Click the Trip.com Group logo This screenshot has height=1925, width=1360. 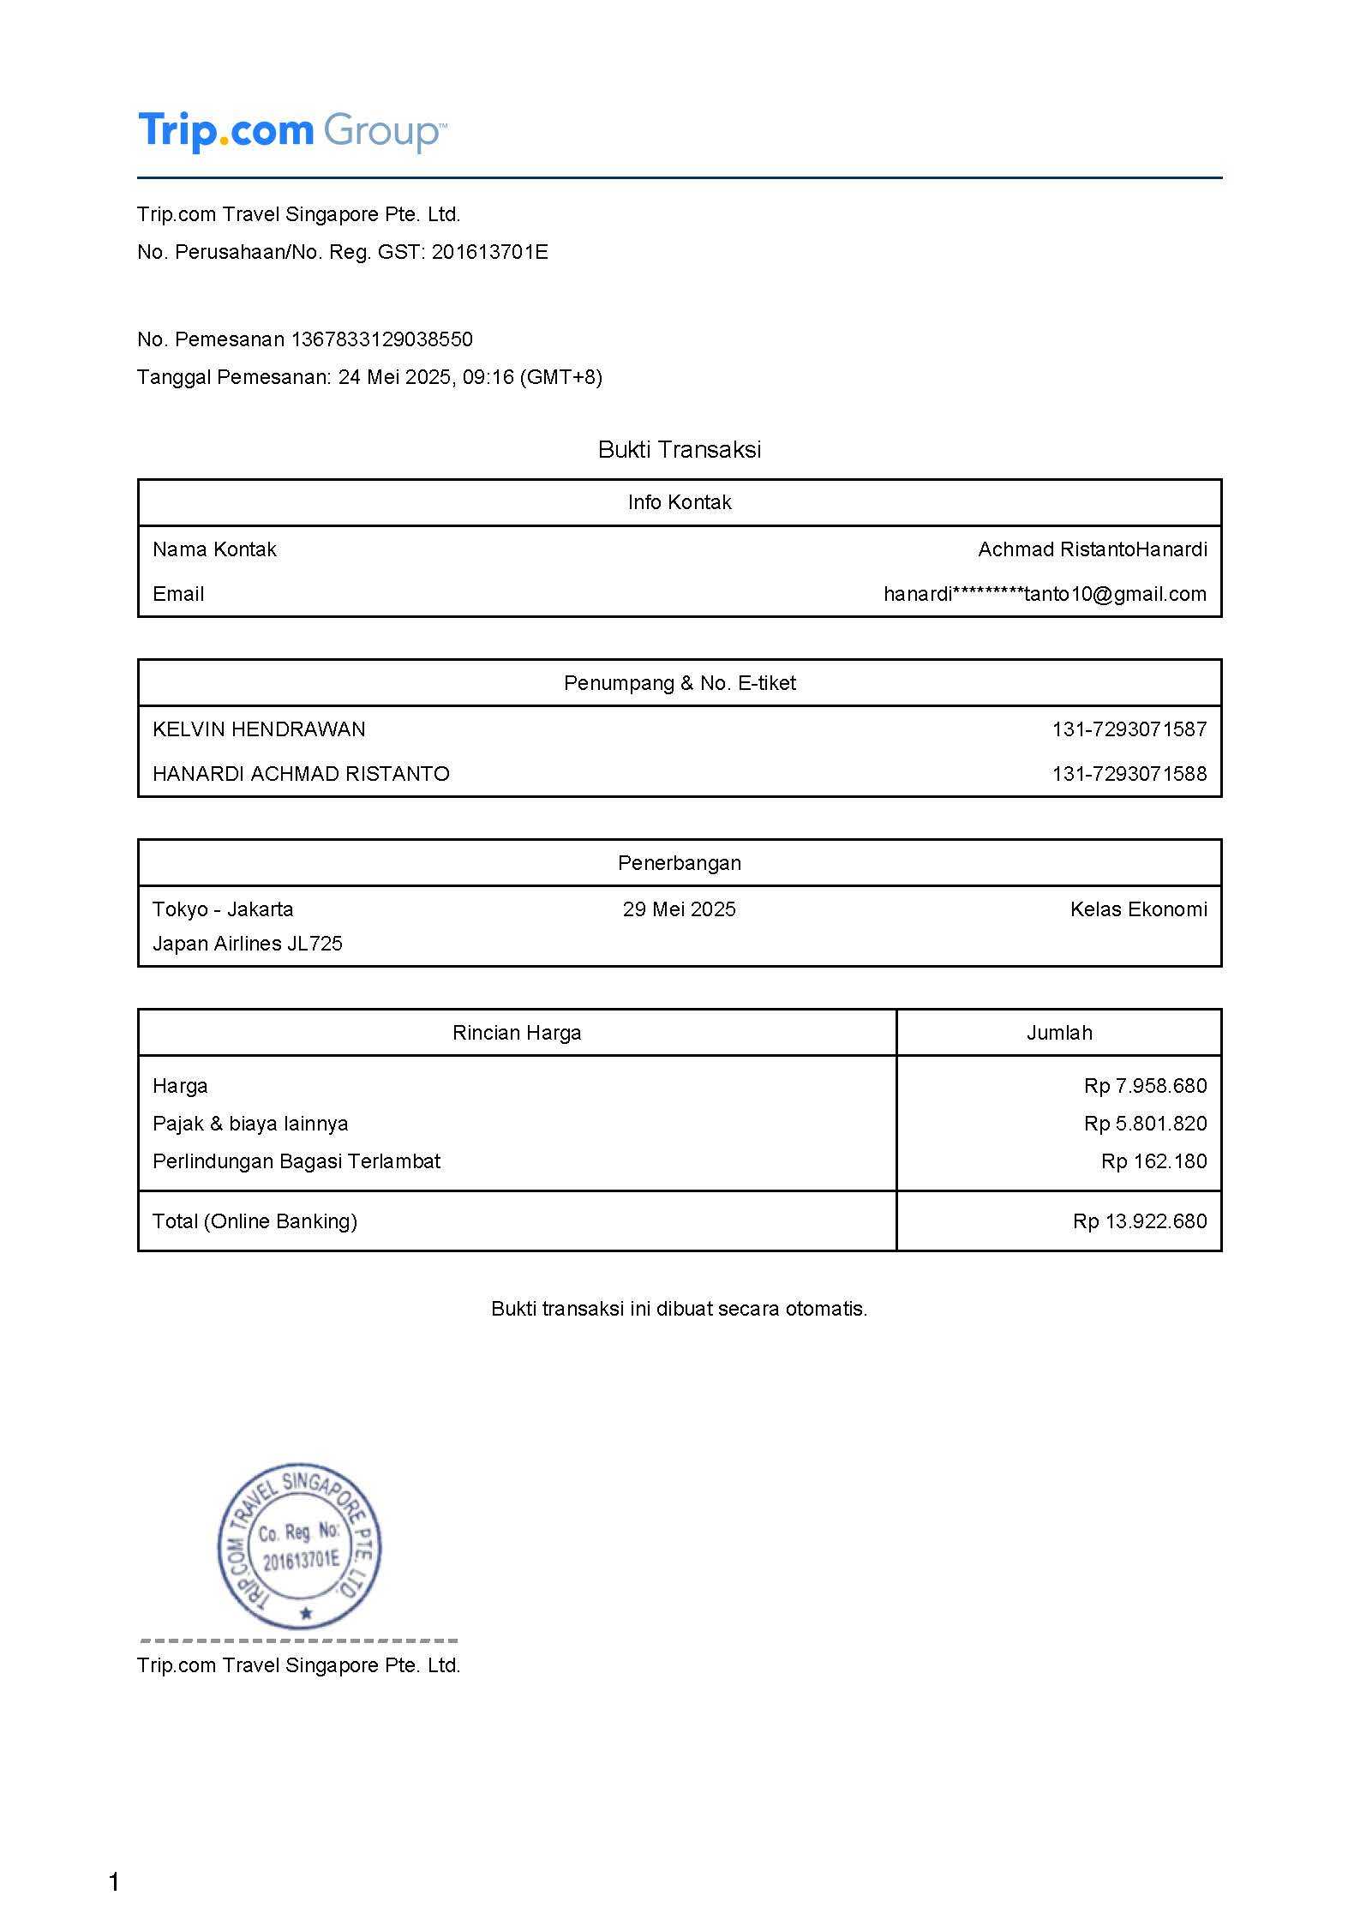[291, 131]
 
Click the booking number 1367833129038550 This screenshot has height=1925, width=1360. [381, 339]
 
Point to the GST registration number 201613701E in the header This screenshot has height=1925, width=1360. [489, 252]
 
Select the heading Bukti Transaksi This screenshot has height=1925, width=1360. [680, 450]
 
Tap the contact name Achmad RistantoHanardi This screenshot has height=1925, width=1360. [1092, 549]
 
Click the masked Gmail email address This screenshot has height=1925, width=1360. [1045, 594]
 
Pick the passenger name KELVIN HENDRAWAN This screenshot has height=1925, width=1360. [259, 729]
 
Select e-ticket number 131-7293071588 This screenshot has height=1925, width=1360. [1129, 774]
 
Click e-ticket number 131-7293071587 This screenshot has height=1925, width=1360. [1129, 729]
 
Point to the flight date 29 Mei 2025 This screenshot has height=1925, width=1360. [679, 909]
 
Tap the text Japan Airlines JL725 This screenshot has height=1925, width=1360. [248, 944]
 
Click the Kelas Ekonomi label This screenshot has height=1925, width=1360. [1138, 909]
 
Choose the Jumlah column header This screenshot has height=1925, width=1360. [1059, 1033]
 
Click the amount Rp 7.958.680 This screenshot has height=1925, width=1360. [1145, 1086]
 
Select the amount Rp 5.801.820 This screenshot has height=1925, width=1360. [1145, 1124]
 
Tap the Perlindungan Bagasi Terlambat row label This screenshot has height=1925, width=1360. [297, 1161]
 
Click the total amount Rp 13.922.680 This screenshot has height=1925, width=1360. [1139, 1221]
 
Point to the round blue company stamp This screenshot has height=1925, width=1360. [299, 1547]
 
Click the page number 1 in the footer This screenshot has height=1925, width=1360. [114, 1883]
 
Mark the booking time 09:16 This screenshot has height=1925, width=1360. [488, 377]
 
